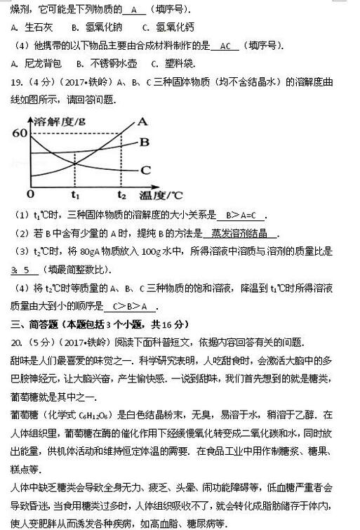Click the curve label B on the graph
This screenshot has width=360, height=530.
(145, 142)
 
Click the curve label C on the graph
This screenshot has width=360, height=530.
(145, 169)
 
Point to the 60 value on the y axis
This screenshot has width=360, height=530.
(19, 133)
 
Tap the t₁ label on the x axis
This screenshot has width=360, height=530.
(76, 194)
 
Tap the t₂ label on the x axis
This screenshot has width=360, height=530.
(122, 194)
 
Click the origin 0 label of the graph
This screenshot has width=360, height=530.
(29, 194)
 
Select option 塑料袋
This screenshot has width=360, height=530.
(187, 64)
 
